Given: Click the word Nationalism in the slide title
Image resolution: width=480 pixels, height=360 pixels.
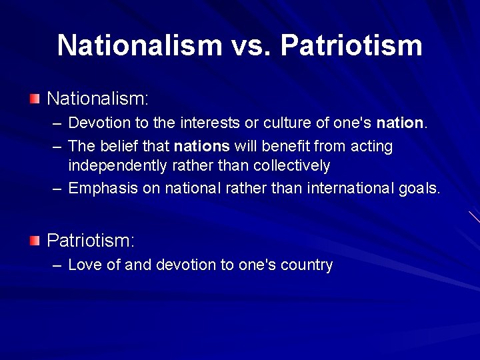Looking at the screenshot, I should [139, 45].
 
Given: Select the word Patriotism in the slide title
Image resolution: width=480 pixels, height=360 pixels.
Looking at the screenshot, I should [351, 45].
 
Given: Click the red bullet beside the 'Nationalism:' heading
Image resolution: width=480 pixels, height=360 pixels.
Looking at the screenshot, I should [35, 99].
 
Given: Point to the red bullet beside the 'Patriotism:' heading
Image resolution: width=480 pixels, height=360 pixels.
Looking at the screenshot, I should [35, 240].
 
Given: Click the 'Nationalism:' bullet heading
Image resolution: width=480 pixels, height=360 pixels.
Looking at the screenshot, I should [97, 99].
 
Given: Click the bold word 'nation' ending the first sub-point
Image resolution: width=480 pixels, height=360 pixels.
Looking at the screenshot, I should [400, 123].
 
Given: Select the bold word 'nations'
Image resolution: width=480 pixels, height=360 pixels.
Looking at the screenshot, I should [202, 146].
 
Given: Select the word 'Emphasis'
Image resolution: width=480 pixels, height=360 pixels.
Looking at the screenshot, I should [103, 189].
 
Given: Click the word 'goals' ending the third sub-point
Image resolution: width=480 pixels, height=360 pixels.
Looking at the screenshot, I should [419, 189].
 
